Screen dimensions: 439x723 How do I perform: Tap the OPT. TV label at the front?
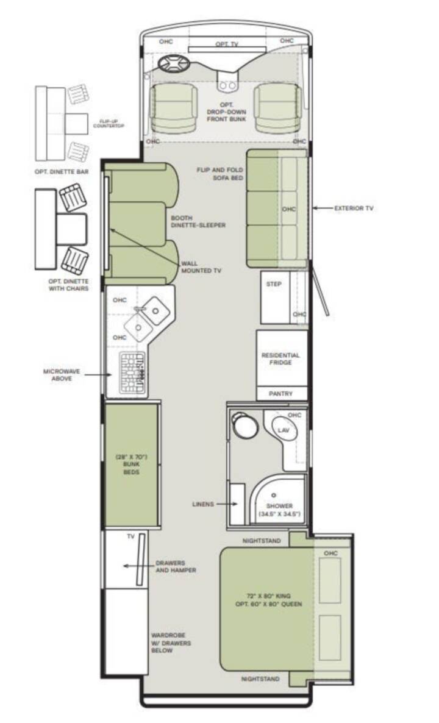[x=227, y=45]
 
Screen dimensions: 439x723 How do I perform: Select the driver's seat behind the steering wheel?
[x=174, y=107]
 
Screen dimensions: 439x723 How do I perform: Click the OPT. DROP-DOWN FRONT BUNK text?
[x=226, y=112]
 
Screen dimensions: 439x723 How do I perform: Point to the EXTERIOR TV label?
[x=354, y=208]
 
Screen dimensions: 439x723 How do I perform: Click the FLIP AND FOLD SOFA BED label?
[x=220, y=173]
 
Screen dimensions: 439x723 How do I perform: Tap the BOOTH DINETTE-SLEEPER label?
[x=198, y=221]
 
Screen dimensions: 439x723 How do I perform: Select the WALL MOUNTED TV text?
[x=201, y=267]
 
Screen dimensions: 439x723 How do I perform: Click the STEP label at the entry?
[x=273, y=284]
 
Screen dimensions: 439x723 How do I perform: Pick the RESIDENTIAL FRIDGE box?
[x=282, y=358]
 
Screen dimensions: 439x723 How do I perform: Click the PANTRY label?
[x=281, y=393]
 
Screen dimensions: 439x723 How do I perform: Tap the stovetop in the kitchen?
[x=133, y=372]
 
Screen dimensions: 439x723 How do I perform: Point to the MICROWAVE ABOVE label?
[x=62, y=375]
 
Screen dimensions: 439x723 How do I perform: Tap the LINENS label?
[x=203, y=504]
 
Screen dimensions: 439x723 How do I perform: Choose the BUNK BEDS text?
[x=132, y=468]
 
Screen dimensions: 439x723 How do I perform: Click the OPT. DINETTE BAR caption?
[x=62, y=172]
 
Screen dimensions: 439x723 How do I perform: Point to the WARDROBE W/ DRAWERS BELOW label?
[x=171, y=643]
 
